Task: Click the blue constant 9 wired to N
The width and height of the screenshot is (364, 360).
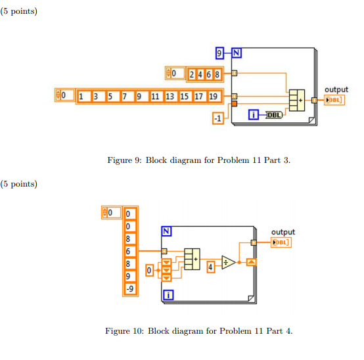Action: point(219,53)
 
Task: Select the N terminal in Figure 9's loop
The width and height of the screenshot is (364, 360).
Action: point(237,53)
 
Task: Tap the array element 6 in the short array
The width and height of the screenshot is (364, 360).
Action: point(209,74)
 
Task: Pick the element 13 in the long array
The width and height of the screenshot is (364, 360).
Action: point(170,97)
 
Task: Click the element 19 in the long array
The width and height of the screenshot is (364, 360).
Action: point(214,97)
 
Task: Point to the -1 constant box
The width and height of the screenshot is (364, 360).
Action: point(218,118)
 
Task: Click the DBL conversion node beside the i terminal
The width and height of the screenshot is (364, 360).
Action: point(274,115)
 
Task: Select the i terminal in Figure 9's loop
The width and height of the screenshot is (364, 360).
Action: point(253,115)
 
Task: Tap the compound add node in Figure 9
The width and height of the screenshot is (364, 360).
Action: point(297,101)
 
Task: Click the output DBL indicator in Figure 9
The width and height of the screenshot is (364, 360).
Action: point(334,100)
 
